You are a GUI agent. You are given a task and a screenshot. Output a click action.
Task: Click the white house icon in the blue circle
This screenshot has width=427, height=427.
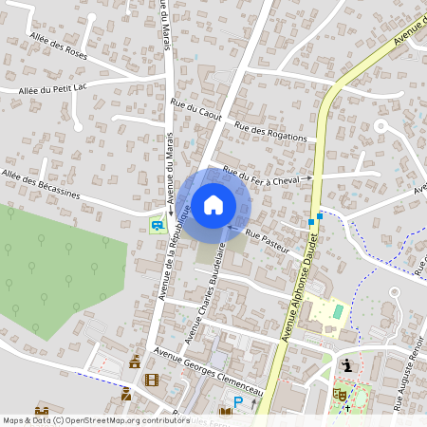[213, 204]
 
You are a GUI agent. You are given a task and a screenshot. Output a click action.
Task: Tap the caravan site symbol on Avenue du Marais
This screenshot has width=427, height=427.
[156, 225]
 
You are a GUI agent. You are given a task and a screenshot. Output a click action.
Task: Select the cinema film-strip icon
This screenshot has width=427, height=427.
[152, 380]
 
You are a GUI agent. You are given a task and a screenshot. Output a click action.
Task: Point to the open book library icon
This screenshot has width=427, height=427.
[225, 411]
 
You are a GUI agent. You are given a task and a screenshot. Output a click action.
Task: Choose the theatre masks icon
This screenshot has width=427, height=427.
[338, 392]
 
